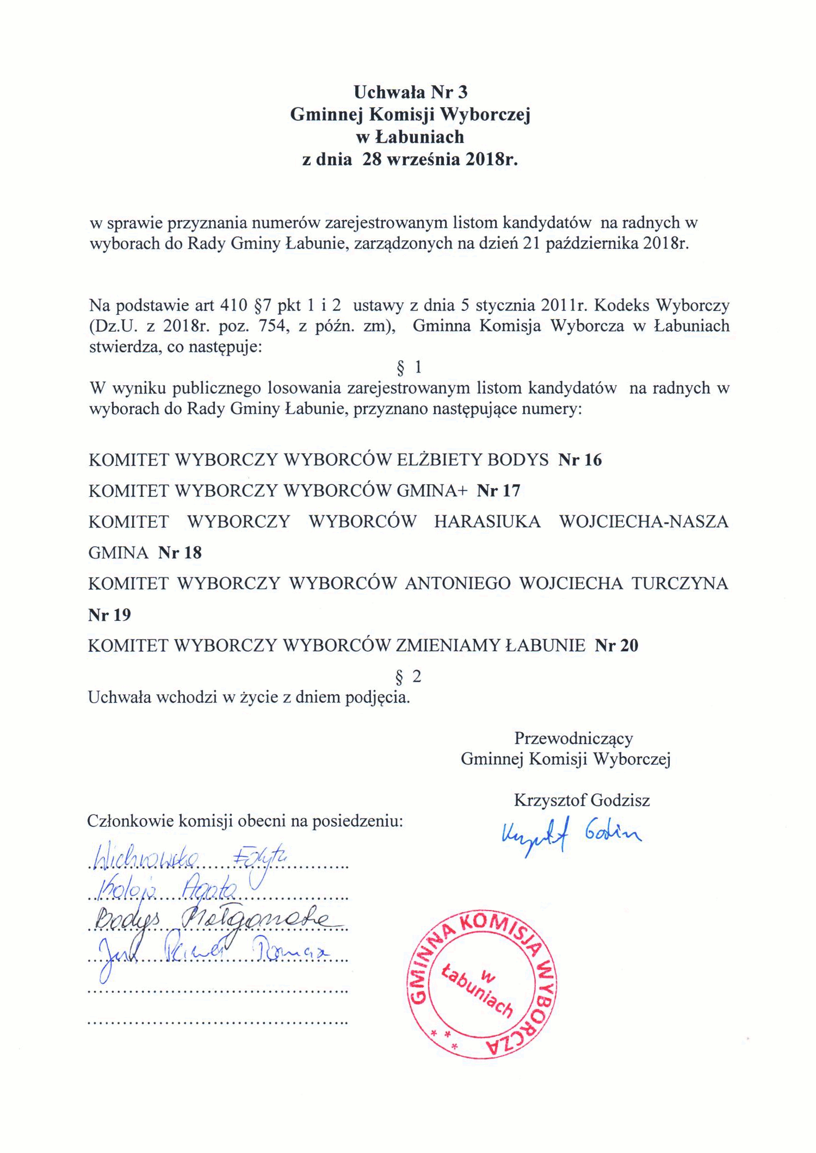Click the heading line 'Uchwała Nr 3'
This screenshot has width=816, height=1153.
(410, 91)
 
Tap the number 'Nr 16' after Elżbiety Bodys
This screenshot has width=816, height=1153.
(580, 460)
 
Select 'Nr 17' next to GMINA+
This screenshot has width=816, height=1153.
(498, 491)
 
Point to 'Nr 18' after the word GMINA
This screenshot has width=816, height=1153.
(180, 553)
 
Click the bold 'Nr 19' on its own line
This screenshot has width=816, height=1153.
(109, 615)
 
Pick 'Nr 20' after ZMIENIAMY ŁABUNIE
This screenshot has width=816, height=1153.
(616, 646)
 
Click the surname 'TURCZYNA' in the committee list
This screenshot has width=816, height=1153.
(679, 584)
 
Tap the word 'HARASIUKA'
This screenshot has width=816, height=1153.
(487, 522)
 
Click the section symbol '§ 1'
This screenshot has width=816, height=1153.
(409, 367)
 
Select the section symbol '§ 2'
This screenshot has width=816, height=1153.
(408, 677)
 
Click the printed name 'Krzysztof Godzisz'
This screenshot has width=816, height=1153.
(582, 800)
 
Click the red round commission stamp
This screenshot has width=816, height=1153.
(482, 984)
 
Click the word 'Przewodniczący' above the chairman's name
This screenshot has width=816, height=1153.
(573, 738)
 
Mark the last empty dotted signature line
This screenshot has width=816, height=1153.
(218, 1023)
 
